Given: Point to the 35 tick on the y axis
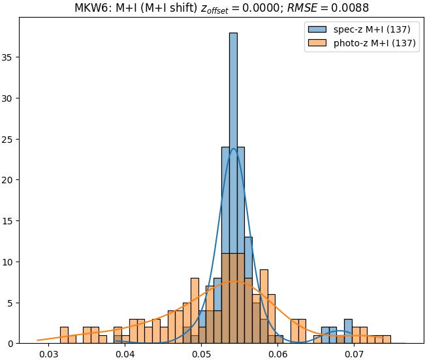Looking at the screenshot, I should tap(9, 58).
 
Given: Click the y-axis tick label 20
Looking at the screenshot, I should tap(9, 180).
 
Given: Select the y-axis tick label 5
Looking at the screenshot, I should tap(12, 303).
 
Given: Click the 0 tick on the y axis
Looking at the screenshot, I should tap(12, 344).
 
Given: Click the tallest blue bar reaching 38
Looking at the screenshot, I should tap(233, 183).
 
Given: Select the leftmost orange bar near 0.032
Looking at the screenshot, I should tap(64, 335).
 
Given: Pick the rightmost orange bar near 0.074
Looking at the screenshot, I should tap(386, 339).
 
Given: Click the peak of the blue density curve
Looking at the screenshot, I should tap(233, 148).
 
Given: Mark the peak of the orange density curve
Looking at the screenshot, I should tap(233, 281).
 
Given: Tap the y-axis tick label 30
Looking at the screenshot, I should tap(9, 98).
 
